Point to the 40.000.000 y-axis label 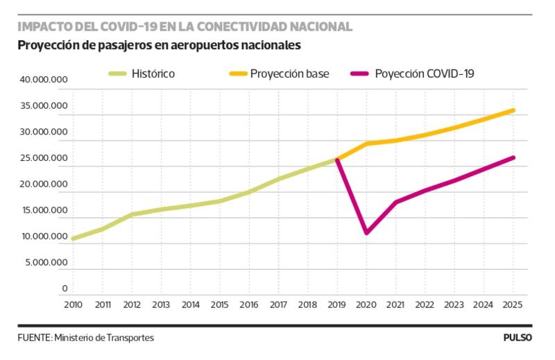[x=44, y=80]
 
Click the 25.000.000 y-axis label [x=44, y=158]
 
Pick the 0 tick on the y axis [x=65, y=289]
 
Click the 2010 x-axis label [x=73, y=304]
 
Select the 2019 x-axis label [x=336, y=304]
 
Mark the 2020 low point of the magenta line [x=366, y=232]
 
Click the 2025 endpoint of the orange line [x=513, y=110]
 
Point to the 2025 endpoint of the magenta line [x=513, y=157]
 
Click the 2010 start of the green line [x=73, y=239]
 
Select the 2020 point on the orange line [x=366, y=144]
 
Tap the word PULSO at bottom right [x=518, y=338]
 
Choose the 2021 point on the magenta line [x=395, y=202]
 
